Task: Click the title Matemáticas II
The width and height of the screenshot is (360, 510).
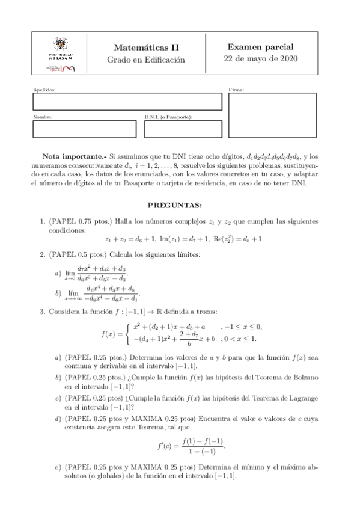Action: [x=146, y=48]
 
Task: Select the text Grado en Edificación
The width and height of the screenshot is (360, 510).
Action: [x=146, y=60]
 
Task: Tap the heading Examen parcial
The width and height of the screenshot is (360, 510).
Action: [x=261, y=47]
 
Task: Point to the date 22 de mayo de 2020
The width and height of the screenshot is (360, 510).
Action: [x=261, y=59]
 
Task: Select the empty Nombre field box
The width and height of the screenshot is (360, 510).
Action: [x=84, y=129]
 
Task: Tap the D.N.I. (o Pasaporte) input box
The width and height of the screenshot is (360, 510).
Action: [x=183, y=129]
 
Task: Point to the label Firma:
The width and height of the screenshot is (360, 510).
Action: [x=236, y=89]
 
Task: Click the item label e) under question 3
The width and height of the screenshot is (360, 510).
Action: [x=58, y=467]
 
